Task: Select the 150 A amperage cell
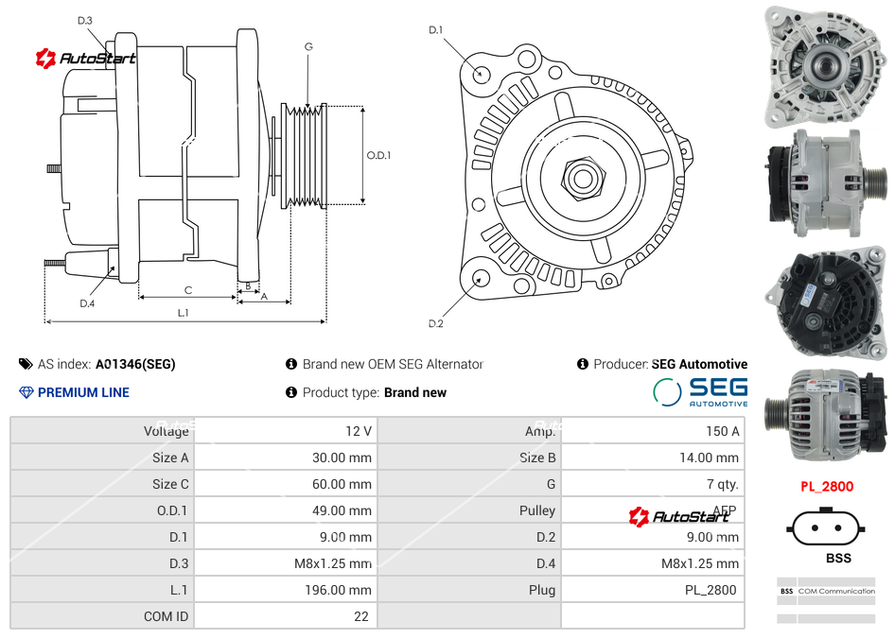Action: click(x=722, y=431)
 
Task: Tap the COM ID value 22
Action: click(x=360, y=616)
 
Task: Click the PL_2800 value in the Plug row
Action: click(x=710, y=590)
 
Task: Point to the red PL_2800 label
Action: click(x=826, y=487)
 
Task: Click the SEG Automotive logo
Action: click(x=700, y=391)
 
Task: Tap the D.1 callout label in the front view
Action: click(x=435, y=30)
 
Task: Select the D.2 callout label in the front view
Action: click(x=435, y=324)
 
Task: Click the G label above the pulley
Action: click(x=308, y=46)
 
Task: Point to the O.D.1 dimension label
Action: click(x=378, y=155)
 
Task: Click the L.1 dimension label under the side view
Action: click(x=183, y=313)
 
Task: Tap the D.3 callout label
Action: click(x=85, y=20)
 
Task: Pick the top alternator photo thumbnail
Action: click(x=825, y=66)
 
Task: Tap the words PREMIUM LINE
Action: click(x=83, y=392)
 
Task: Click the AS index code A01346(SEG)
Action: click(x=135, y=364)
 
